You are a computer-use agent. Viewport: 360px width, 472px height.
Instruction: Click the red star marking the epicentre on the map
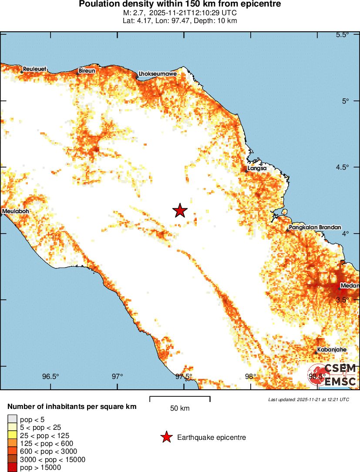[180, 211]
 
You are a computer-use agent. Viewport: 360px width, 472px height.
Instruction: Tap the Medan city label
[350, 286]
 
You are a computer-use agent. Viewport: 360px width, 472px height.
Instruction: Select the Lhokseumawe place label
[157, 74]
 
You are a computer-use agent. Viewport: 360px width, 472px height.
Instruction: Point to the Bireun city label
[87, 70]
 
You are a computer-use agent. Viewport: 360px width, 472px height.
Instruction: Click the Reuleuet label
[34, 69]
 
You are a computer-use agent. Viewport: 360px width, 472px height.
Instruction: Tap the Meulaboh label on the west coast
[16, 212]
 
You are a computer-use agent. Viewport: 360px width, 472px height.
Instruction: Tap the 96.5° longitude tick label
[51, 376]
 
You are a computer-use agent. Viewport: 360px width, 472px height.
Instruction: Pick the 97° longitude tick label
[118, 376]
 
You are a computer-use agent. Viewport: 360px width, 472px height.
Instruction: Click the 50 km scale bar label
[180, 408]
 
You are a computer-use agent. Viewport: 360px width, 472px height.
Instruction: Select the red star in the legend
[166, 437]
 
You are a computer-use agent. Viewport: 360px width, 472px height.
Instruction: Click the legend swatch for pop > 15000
[12, 468]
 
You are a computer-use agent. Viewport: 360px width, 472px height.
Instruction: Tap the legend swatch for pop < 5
[12, 419]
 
